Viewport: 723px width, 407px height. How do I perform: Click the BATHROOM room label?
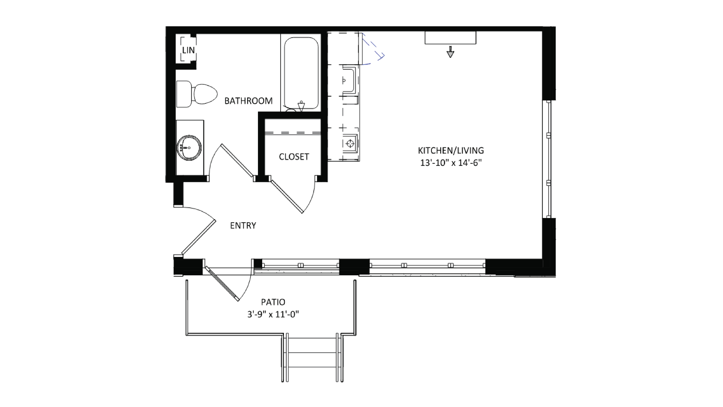(x=248, y=101)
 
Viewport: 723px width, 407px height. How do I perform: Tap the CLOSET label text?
(x=294, y=157)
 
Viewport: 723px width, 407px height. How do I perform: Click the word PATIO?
(x=273, y=302)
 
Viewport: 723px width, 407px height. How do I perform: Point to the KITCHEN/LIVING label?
(x=451, y=150)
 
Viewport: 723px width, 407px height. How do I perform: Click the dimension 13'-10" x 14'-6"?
(x=451, y=163)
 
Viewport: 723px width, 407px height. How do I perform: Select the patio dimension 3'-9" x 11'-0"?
(x=273, y=314)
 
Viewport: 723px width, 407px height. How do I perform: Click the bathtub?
(x=301, y=73)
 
